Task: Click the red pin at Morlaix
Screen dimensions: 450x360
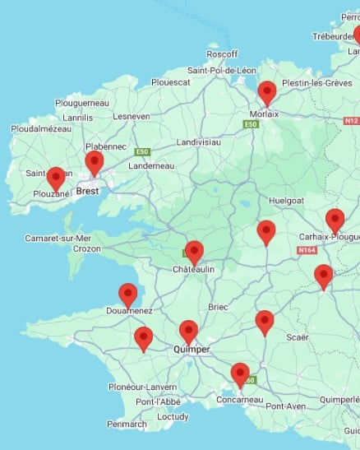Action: [266, 92]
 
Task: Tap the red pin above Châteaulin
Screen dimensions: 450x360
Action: [194, 252]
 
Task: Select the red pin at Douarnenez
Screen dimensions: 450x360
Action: [127, 294]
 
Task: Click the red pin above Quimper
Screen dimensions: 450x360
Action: [188, 332]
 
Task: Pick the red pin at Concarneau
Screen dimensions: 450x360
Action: [240, 374]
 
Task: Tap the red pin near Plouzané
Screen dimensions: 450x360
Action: [56, 178]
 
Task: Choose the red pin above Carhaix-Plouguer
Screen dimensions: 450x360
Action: [335, 220]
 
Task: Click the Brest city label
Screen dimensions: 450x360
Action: [87, 192]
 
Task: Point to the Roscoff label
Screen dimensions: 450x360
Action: [222, 54]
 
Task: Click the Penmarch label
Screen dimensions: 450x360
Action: [127, 424]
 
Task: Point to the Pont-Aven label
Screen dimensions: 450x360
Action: [285, 406]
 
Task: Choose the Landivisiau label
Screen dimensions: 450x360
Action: [198, 141]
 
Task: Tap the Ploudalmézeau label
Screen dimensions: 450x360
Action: [42, 129]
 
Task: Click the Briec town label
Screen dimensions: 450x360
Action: [218, 307]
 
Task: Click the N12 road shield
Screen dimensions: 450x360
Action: [351, 120]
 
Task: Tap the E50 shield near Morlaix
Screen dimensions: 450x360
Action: [251, 123]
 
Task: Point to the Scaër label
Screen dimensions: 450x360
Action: [297, 337]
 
